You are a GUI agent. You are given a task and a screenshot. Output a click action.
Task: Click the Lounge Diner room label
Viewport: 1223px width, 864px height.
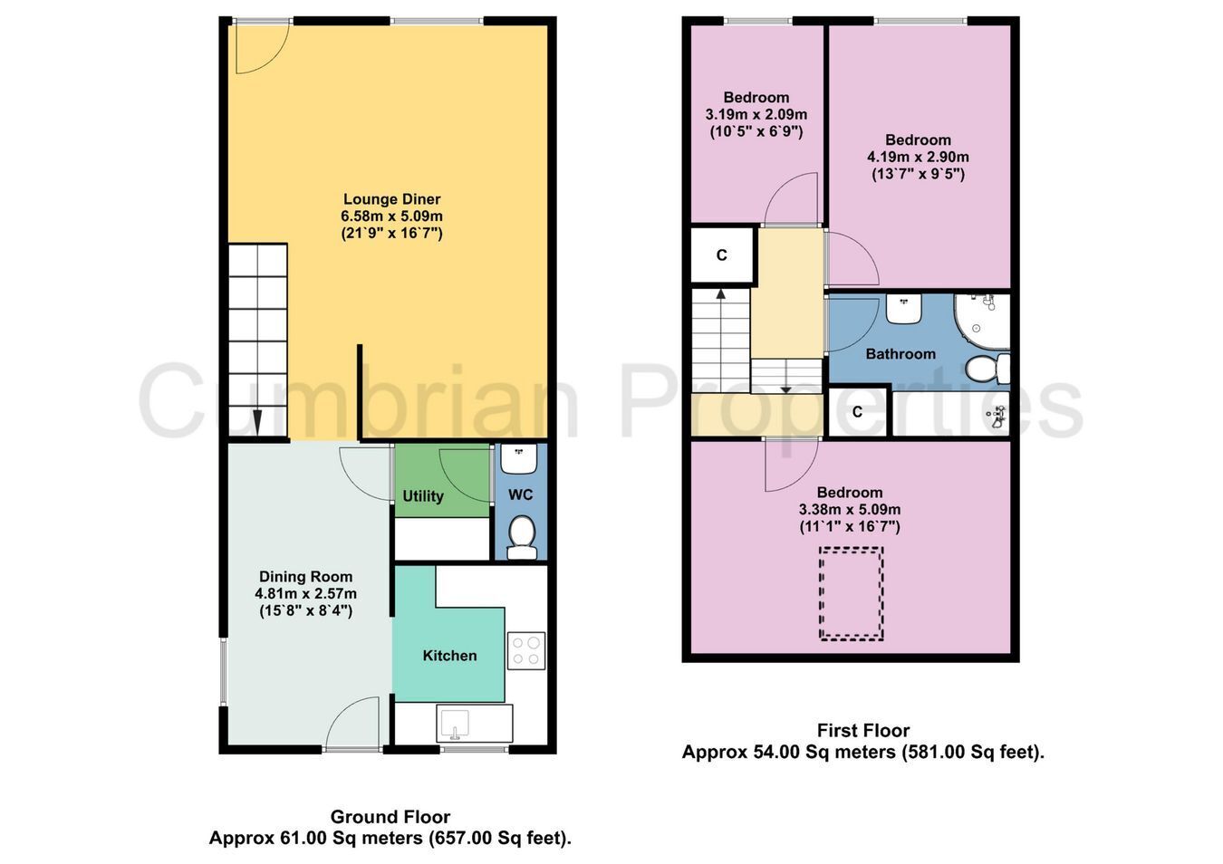click(391, 199)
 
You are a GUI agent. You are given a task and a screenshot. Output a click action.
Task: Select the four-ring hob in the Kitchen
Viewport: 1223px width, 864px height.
click(525, 650)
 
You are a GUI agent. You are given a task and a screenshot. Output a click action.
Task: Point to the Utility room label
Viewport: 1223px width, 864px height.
click(422, 496)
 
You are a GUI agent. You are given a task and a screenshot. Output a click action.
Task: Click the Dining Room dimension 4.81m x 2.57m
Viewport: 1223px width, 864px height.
click(305, 593)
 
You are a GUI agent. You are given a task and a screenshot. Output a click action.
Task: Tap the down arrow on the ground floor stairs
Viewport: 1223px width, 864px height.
click(257, 421)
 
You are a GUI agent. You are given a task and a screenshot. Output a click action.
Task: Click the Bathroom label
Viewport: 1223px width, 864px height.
click(900, 354)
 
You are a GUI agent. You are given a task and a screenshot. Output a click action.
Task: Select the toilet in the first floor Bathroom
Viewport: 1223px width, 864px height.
click(987, 369)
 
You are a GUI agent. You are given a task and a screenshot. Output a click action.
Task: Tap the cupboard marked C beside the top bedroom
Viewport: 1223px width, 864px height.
click(721, 254)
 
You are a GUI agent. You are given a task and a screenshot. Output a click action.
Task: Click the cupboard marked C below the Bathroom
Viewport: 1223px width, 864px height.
click(857, 411)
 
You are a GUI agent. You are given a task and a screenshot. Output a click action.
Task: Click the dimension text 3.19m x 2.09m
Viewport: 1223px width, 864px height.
click(756, 115)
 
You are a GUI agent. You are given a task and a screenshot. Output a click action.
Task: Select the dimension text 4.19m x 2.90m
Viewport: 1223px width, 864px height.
click(918, 158)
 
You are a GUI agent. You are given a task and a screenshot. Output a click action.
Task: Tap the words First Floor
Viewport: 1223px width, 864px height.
click(863, 730)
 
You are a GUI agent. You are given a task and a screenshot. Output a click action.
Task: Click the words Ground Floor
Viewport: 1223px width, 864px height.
click(390, 817)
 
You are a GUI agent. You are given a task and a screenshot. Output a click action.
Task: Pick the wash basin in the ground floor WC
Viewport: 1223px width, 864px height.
click(519, 458)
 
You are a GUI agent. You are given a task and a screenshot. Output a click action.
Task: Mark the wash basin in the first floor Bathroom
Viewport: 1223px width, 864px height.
click(903, 309)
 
